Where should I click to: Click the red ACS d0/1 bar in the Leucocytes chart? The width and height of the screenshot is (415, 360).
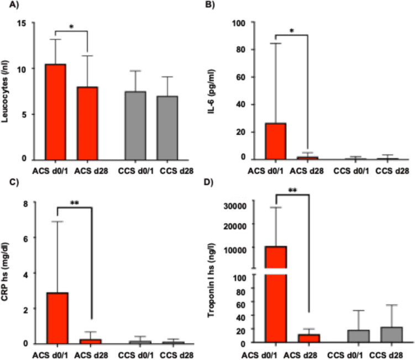pyautogui.click(x=56, y=112)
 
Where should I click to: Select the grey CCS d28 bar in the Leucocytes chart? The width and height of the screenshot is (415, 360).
pyautogui.click(x=170, y=128)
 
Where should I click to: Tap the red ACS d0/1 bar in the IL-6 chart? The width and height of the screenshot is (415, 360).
pyautogui.click(x=276, y=141)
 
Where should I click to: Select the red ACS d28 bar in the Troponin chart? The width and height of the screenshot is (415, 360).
pyautogui.click(x=309, y=338)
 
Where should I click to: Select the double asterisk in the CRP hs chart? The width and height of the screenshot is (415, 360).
pyautogui.click(x=73, y=203)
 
